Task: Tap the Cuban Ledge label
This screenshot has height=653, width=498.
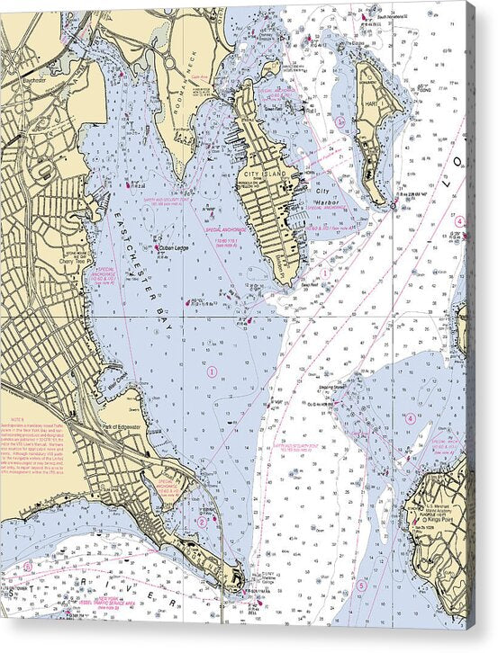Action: pyautogui.click(x=174, y=248)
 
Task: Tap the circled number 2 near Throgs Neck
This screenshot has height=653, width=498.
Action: pyautogui.click(x=203, y=521)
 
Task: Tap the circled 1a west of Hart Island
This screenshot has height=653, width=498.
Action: pyautogui.click(x=340, y=120)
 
